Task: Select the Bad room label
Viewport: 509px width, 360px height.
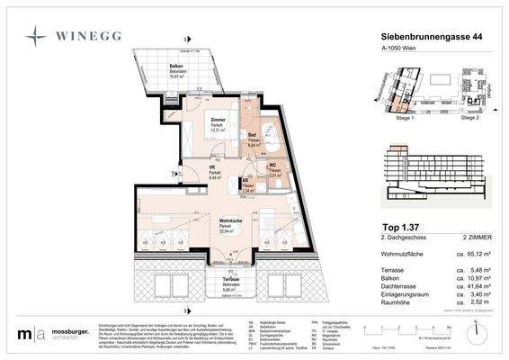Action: click(254, 134)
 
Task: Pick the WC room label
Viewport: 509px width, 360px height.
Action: click(274, 166)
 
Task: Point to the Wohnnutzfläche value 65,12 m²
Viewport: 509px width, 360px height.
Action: click(478, 256)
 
